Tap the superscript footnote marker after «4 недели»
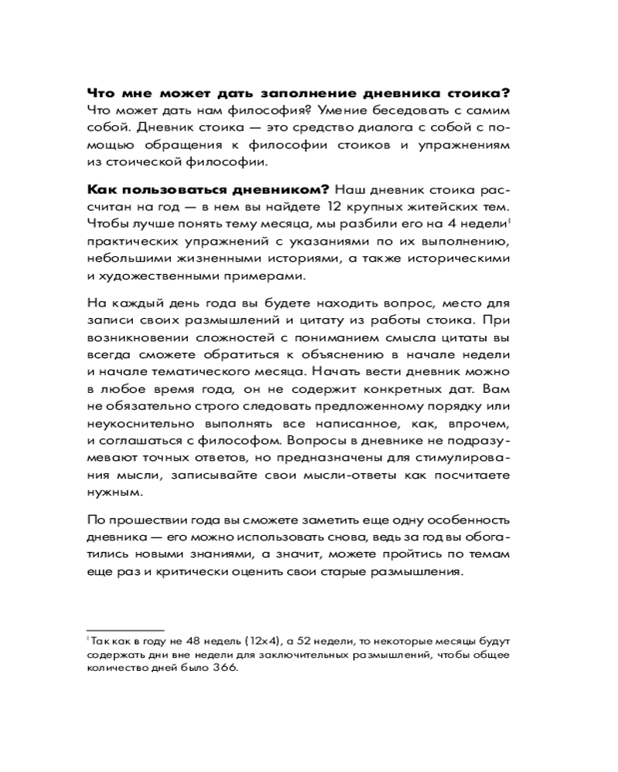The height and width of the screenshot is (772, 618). (x=508, y=221)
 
